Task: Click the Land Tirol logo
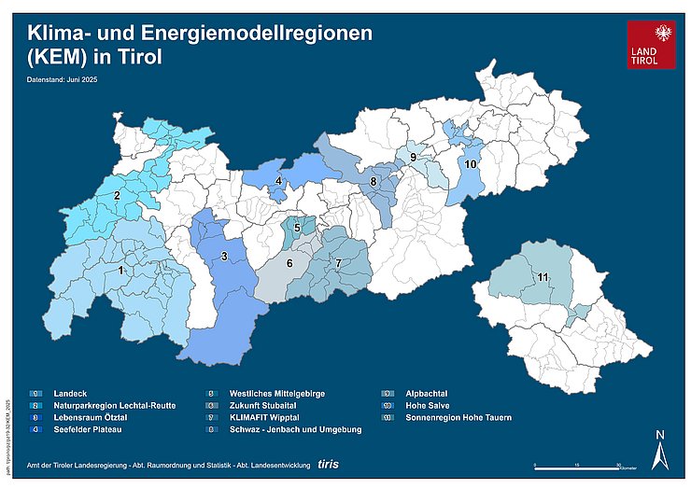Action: click(x=651, y=45)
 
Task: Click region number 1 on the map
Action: click(x=120, y=271)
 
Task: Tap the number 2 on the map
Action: click(x=117, y=196)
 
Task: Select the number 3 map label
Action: click(x=224, y=257)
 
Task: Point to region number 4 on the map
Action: click(x=278, y=181)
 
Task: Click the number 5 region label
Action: click(x=297, y=227)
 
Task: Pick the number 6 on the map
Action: click(x=289, y=264)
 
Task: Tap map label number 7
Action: click(x=338, y=263)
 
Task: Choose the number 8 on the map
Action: click(x=374, y=181)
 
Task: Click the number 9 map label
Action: click(x=412, y=158)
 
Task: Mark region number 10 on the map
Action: click(x=471, y=164)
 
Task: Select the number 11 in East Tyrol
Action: click(x=543, y=278)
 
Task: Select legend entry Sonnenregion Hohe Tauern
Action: click(x=458, y=417)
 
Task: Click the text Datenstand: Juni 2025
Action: click(x=63, y=80)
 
